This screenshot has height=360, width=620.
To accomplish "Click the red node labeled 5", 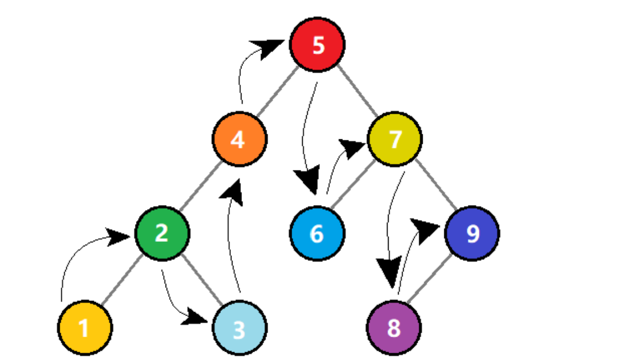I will tap(317, 45).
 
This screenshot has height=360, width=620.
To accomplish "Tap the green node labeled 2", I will tap(162, 233).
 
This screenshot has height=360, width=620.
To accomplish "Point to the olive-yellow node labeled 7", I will tap(395, 139).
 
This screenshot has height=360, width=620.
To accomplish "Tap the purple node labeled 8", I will tap(394, 328).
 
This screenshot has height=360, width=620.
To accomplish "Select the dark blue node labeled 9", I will tap(472, 233).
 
